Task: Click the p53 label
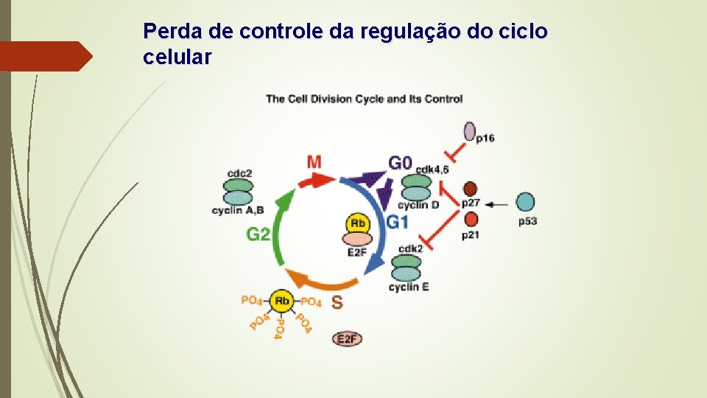(x=527, y=221)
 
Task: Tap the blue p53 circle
(x=525, y=202)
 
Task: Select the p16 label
(x=485, y=138)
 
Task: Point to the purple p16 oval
(x=470, y=131)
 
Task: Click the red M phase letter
(x=314, y=161)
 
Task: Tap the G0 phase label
(x=401, y=161)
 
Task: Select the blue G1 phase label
(x=398, y=222)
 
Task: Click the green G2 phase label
(x=258, y=234)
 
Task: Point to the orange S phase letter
(x=337, y=302)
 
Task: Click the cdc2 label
(x=239, y=173)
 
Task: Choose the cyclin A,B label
(x=238, y=211)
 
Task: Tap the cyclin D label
(x=418, y=205)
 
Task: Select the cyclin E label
(x=409, y=287)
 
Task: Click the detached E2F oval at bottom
(x=348, y=338)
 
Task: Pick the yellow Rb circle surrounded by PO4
(x=281, y=301)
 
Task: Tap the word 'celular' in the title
(x=177, y=57)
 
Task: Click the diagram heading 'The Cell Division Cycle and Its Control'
(x=364, y=99)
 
